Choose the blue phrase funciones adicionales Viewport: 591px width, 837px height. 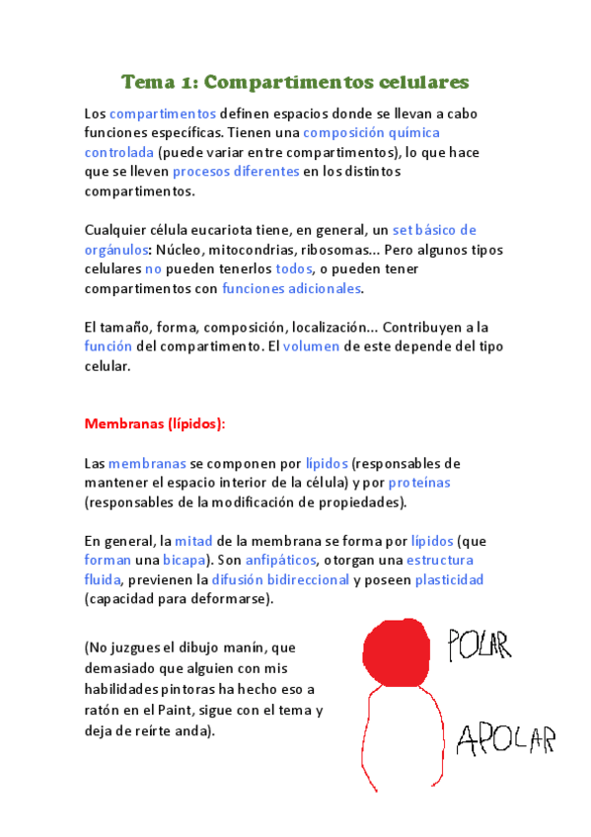tap(292, 288)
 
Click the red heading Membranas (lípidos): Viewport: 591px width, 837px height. tap(155, 423)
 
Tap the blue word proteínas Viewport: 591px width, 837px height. tap(419, 482)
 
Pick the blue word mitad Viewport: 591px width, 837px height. tap(193, 541)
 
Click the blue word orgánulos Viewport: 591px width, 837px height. tap(115, 249)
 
